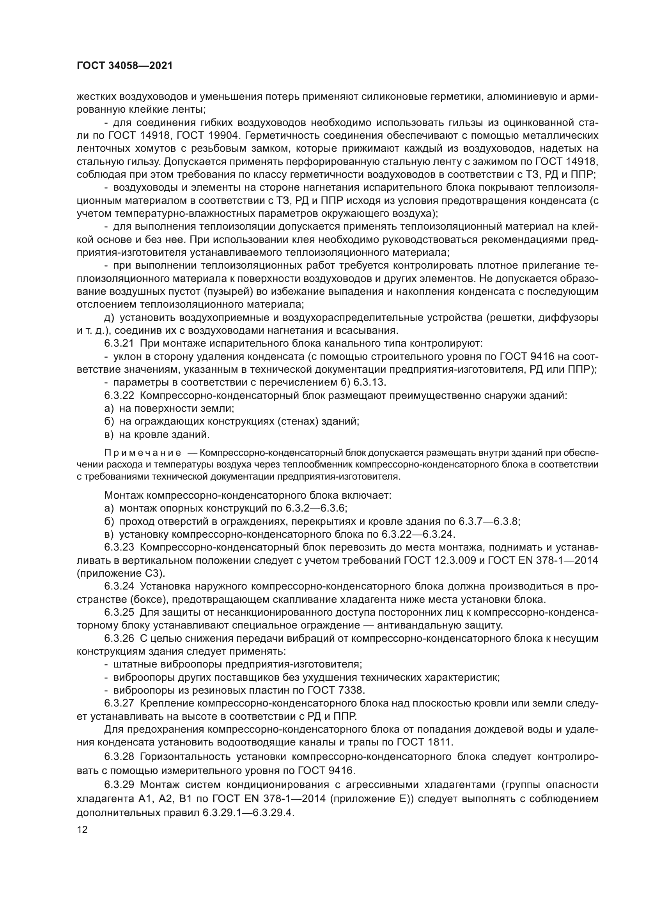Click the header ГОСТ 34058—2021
(125, 66)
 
